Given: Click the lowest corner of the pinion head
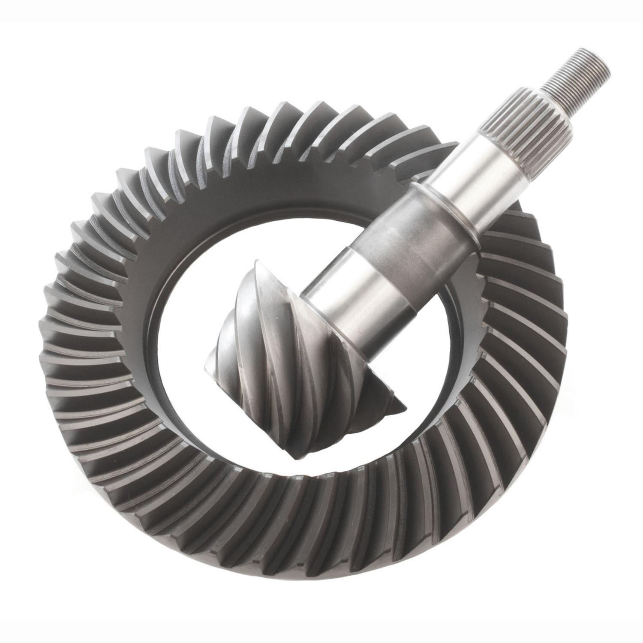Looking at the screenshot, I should [296, 459].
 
